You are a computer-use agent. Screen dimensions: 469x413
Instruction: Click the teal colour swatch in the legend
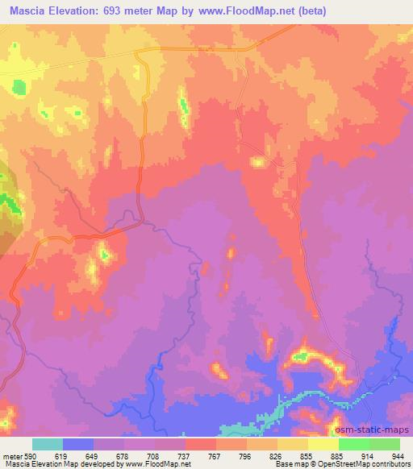pos(47,443)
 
